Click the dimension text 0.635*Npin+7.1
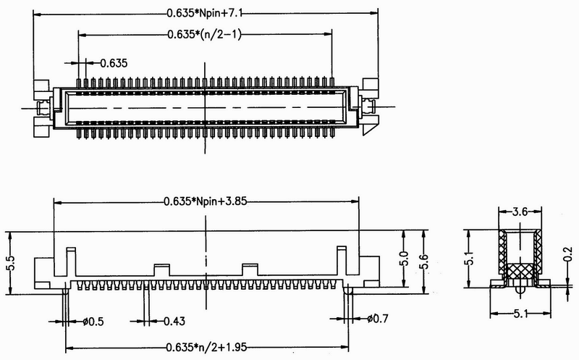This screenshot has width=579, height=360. pos(205,13)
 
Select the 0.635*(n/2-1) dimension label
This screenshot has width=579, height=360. pos(204,34)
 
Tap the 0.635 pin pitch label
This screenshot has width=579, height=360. pos(114,63)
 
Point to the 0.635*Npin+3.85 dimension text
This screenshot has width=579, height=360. pos(206,201)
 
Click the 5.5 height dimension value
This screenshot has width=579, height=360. pos(11,263)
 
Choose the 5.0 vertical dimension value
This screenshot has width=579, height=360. pos(404,259)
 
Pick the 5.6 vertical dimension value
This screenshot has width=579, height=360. pos(423,262)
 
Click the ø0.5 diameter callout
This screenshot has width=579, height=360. pos(93,322)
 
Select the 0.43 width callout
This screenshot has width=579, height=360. pos(174,321)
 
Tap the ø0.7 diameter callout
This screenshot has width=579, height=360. pos(378,318)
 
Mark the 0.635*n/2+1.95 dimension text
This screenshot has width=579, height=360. pos(206,348)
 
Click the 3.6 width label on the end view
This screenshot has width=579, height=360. pos(520,212)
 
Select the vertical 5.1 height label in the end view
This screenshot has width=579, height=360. pos(470,259)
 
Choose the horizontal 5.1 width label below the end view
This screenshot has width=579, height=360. pos(520,314)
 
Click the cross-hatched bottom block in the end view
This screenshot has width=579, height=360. pos(520,271)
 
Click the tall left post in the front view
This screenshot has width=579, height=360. pos(71,261)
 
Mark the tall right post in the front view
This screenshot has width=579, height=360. pos(342,261)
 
